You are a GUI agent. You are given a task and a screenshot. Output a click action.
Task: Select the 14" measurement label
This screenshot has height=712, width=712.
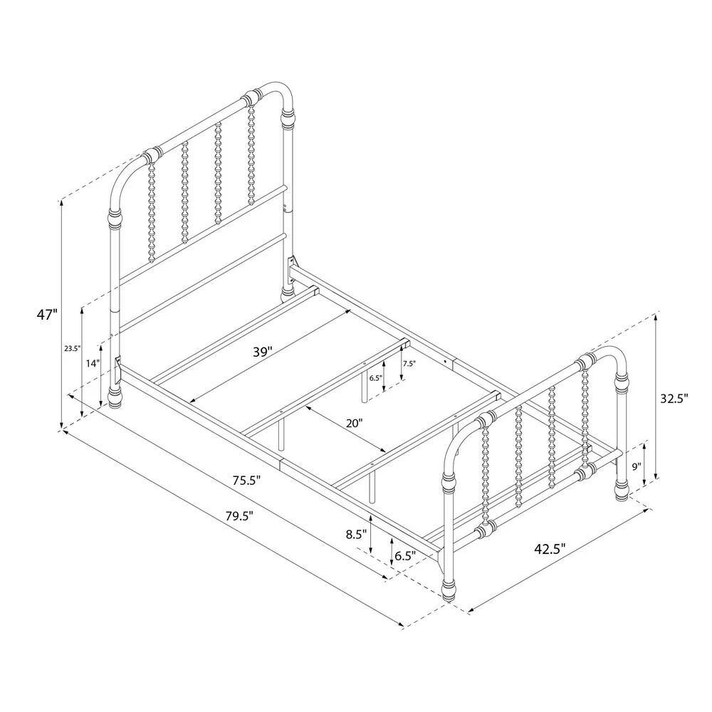pyautogui.click(x=92, y=363)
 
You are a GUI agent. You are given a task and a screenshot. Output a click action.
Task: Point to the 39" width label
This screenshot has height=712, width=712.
pyautogui.click(x=263, y=352)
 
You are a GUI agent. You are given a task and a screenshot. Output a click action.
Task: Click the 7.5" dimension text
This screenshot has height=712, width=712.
pyautogui.click(x=409, y=363)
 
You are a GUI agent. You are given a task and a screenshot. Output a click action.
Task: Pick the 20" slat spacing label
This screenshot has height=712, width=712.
pyautogui.click(x=354, y=423)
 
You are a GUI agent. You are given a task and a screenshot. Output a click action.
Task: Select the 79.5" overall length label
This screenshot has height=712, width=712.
pyautogui.click(x=239, y=516)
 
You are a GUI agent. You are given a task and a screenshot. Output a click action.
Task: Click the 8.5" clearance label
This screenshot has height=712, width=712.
pyautogui.click(x=356, y=535)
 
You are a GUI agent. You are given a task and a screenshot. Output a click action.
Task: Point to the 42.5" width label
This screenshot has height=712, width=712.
pyautogui.click(x=550, y=549)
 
